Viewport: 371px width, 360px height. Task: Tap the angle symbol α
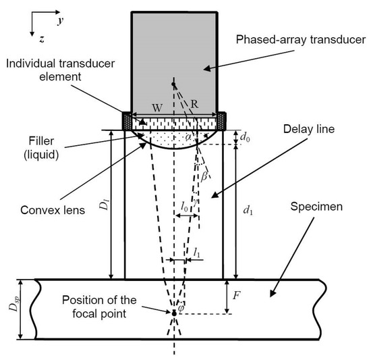tap(188, 138)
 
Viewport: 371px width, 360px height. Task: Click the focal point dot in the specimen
tap(173, 313)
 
